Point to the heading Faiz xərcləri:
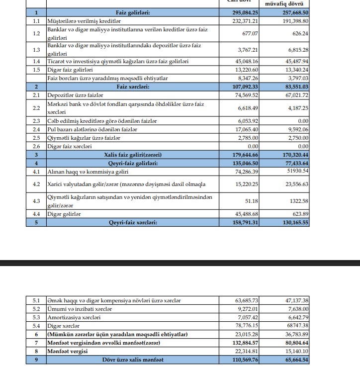click(x=133, y=86)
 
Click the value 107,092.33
click(x=243, y=86)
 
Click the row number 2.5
click(x=36, y=138)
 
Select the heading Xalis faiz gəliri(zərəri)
click(x=133, y=155)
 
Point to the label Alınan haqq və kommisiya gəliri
click(x=88, y=172)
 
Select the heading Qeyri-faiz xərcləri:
click(x=133, y=222)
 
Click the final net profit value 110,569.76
click(x=243, y=359)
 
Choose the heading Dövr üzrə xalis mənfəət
click(x=133, y=359)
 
